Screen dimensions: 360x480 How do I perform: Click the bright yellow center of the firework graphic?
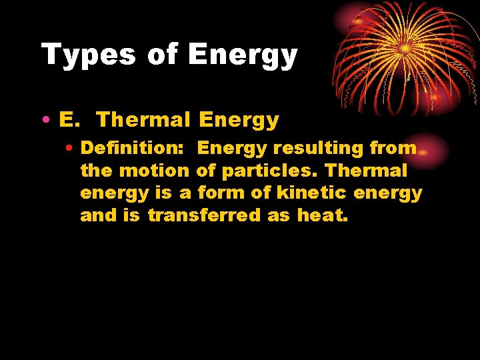pyautogui.click(x=405, y=49)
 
